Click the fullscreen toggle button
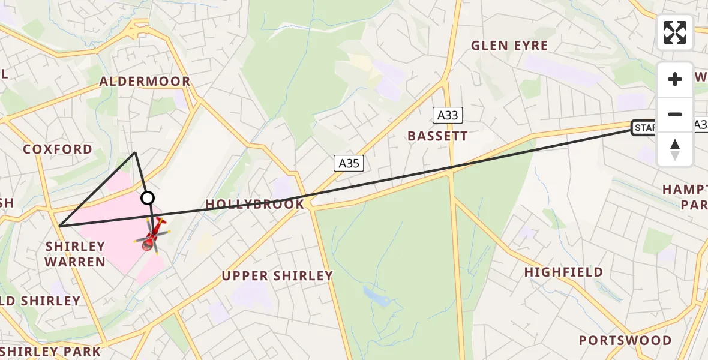(x=675, y=32)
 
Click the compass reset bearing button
(x=675, y=149)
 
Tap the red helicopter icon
(x=152, y=236)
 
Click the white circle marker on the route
(x=147, y=198)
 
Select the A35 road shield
(x=349, y=163)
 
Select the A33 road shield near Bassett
(x=448, y=115)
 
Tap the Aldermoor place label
(x=145, y=82)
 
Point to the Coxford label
(x=58, y=149)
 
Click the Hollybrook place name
(x=255, y=205)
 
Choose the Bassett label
(x=437, y=136)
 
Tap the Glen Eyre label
(x=509, y=46)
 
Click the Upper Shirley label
(x=277, y=276)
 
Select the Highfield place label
(x=563, y=272)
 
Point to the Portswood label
(x=625, y=341)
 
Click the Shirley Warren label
(x=76, y=254)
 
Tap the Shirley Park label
(x=51, y=351)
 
